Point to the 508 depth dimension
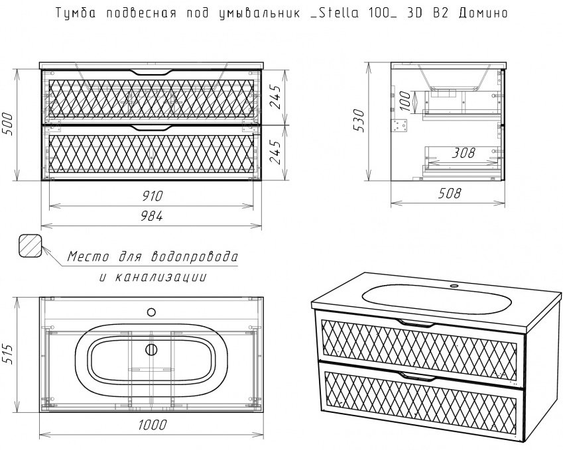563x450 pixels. pos(449,194)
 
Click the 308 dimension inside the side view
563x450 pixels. pos(462,153)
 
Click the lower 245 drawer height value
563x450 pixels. pos(275,152)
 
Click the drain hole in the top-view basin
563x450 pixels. pos(151,351)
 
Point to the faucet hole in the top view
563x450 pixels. pos(151,311)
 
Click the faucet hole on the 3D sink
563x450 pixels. pos(455,286)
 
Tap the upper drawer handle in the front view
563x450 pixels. pos(151,72)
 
